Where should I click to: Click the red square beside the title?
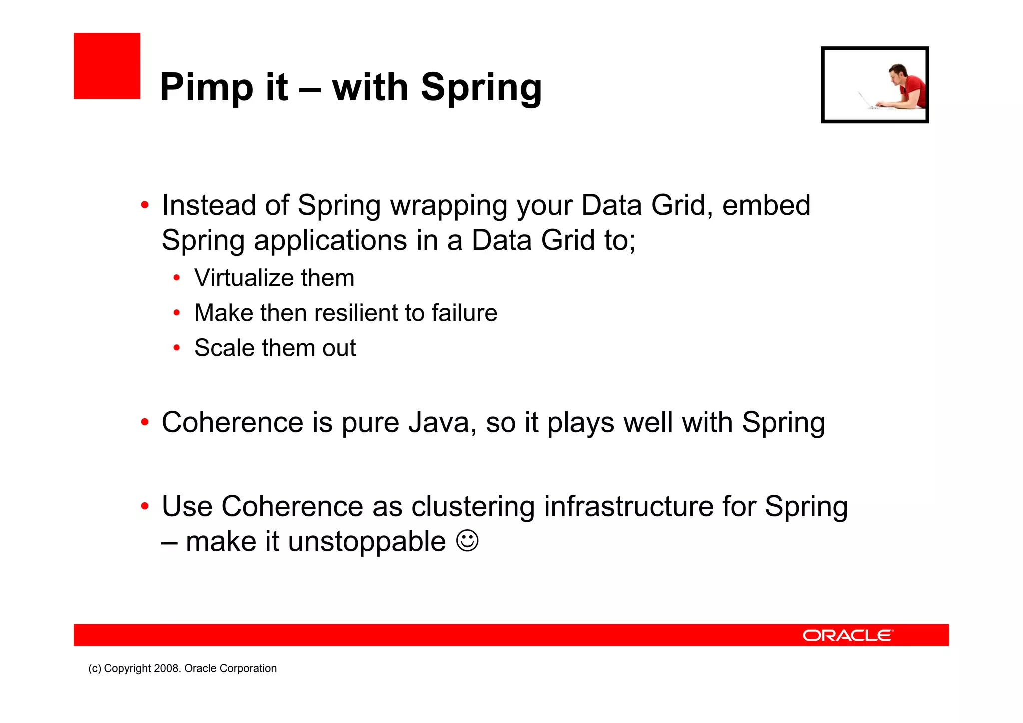107,66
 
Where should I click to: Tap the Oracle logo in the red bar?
847,635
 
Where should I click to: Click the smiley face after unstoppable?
467,541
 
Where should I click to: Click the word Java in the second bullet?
439,423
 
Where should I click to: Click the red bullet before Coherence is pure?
145,423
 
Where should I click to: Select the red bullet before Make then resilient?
176,313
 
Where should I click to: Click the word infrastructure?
628,506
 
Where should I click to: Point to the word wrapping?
448,206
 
